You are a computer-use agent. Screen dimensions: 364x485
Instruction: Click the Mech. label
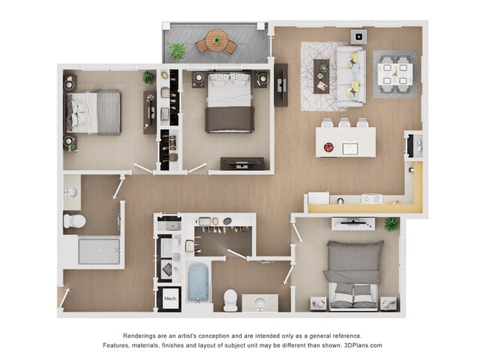point(169,299)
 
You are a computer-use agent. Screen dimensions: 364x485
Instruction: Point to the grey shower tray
point(98,251)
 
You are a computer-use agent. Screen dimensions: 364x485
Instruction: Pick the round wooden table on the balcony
point(216,41)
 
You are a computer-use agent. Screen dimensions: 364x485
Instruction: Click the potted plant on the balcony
point(178,51)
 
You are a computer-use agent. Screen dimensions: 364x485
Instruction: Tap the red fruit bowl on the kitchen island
point(329,148)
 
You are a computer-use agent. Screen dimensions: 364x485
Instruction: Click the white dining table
point(393,73)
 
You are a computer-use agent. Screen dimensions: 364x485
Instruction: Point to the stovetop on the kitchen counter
point(371,199)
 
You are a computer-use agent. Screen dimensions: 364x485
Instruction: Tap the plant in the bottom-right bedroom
point(391,224)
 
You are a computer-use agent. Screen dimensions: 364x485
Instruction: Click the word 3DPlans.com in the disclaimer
point(360,345)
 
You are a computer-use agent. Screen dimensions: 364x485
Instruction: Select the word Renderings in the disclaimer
point(141,336)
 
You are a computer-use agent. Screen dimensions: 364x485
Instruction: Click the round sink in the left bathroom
point(72,192)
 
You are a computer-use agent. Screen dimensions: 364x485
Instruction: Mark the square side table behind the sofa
point(358,36)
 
